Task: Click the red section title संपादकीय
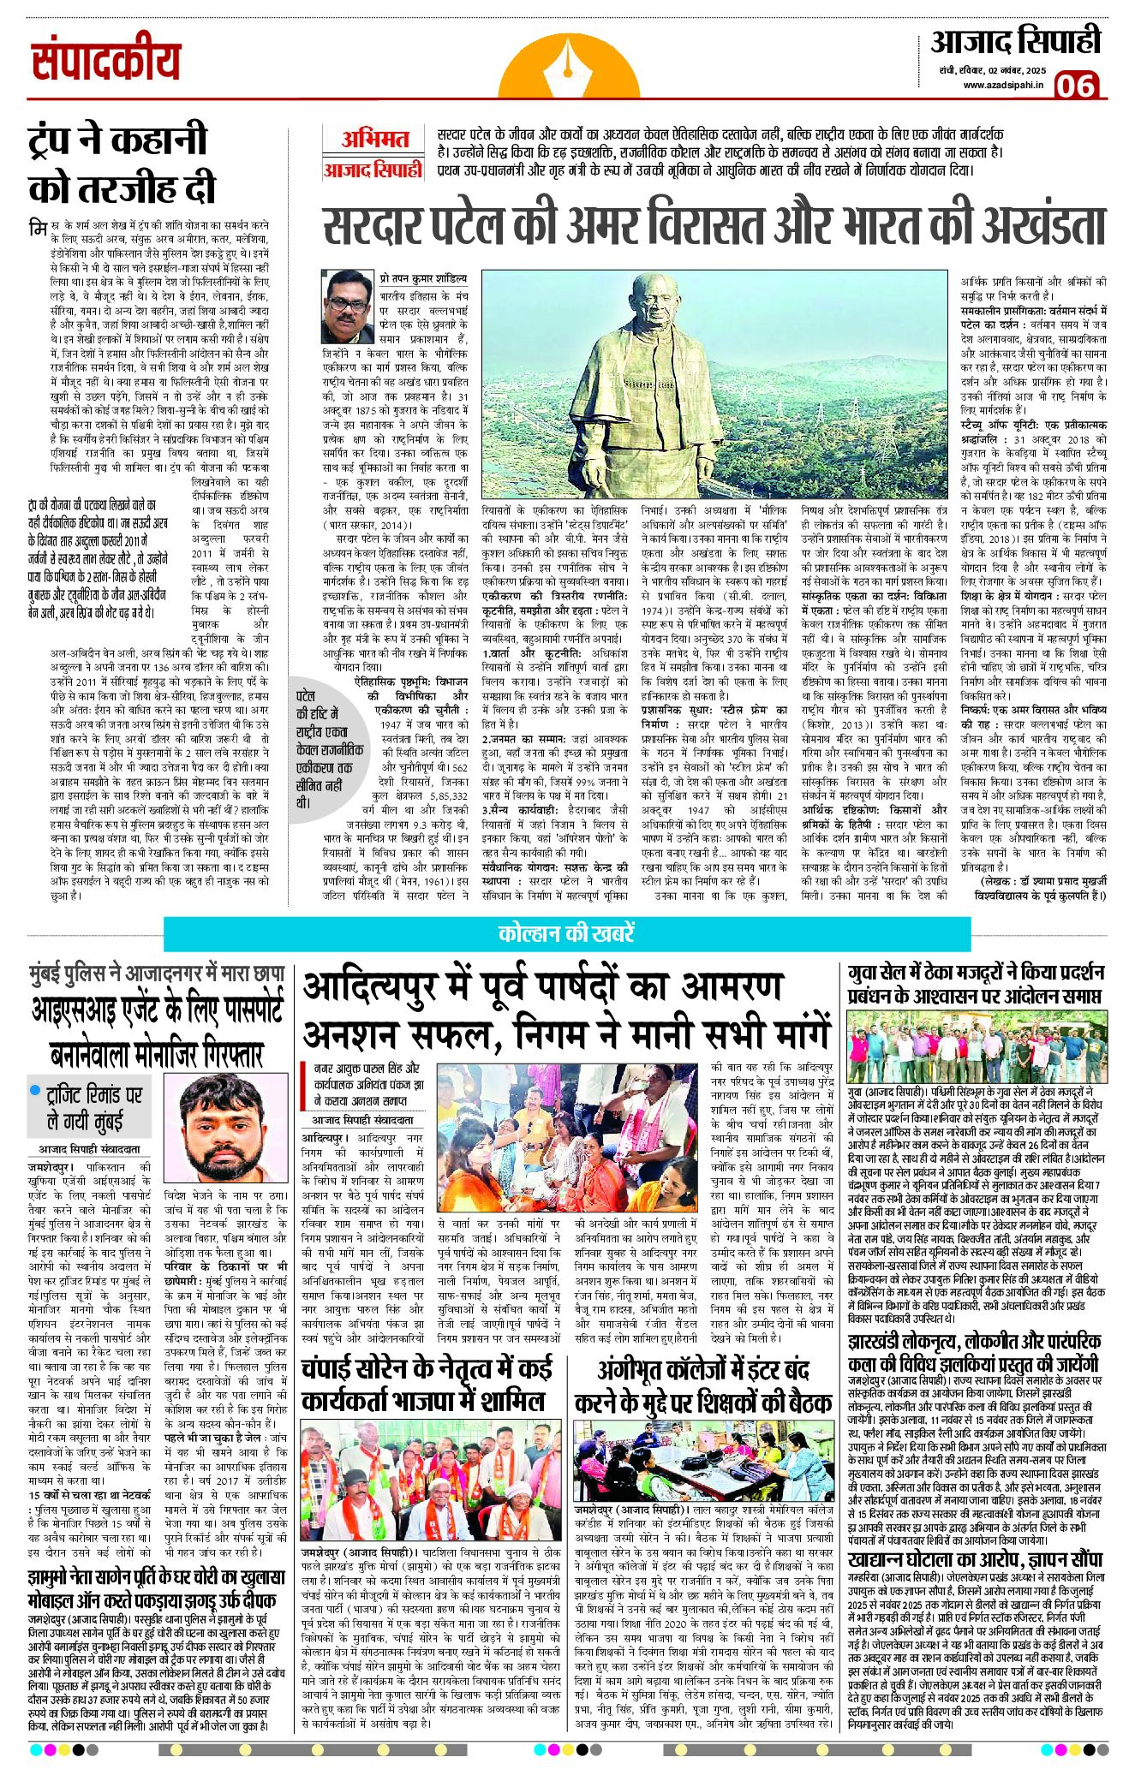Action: [x=106, y=62]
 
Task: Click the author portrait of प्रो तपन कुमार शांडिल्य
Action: [x=348, y=307]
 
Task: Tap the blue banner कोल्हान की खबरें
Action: [x=566, y=933]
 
